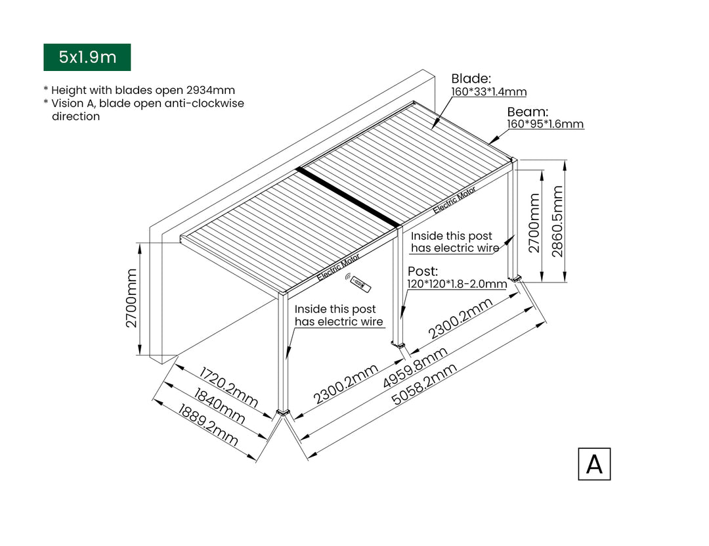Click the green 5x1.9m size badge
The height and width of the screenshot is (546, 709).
click(87, 57)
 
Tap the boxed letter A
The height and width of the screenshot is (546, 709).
click(594, 464)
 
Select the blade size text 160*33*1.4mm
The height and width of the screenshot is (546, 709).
click(488, 92)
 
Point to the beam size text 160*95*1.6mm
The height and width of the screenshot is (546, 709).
click(545, 124)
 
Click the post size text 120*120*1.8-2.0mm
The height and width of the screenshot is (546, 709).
click(457, 284)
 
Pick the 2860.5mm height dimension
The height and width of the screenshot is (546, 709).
click(557, 221)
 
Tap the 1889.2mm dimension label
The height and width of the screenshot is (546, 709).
click(208, 425)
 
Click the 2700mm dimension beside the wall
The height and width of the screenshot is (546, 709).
click(132, 298)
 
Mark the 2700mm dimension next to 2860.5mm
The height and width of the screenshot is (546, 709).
click(534, 223)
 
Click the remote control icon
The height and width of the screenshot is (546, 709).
click(359, 283)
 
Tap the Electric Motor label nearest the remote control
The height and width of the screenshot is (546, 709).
click(338, 267)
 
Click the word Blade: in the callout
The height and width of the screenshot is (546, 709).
click(471, 79)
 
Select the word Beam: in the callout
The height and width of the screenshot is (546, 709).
click(527, 111)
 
